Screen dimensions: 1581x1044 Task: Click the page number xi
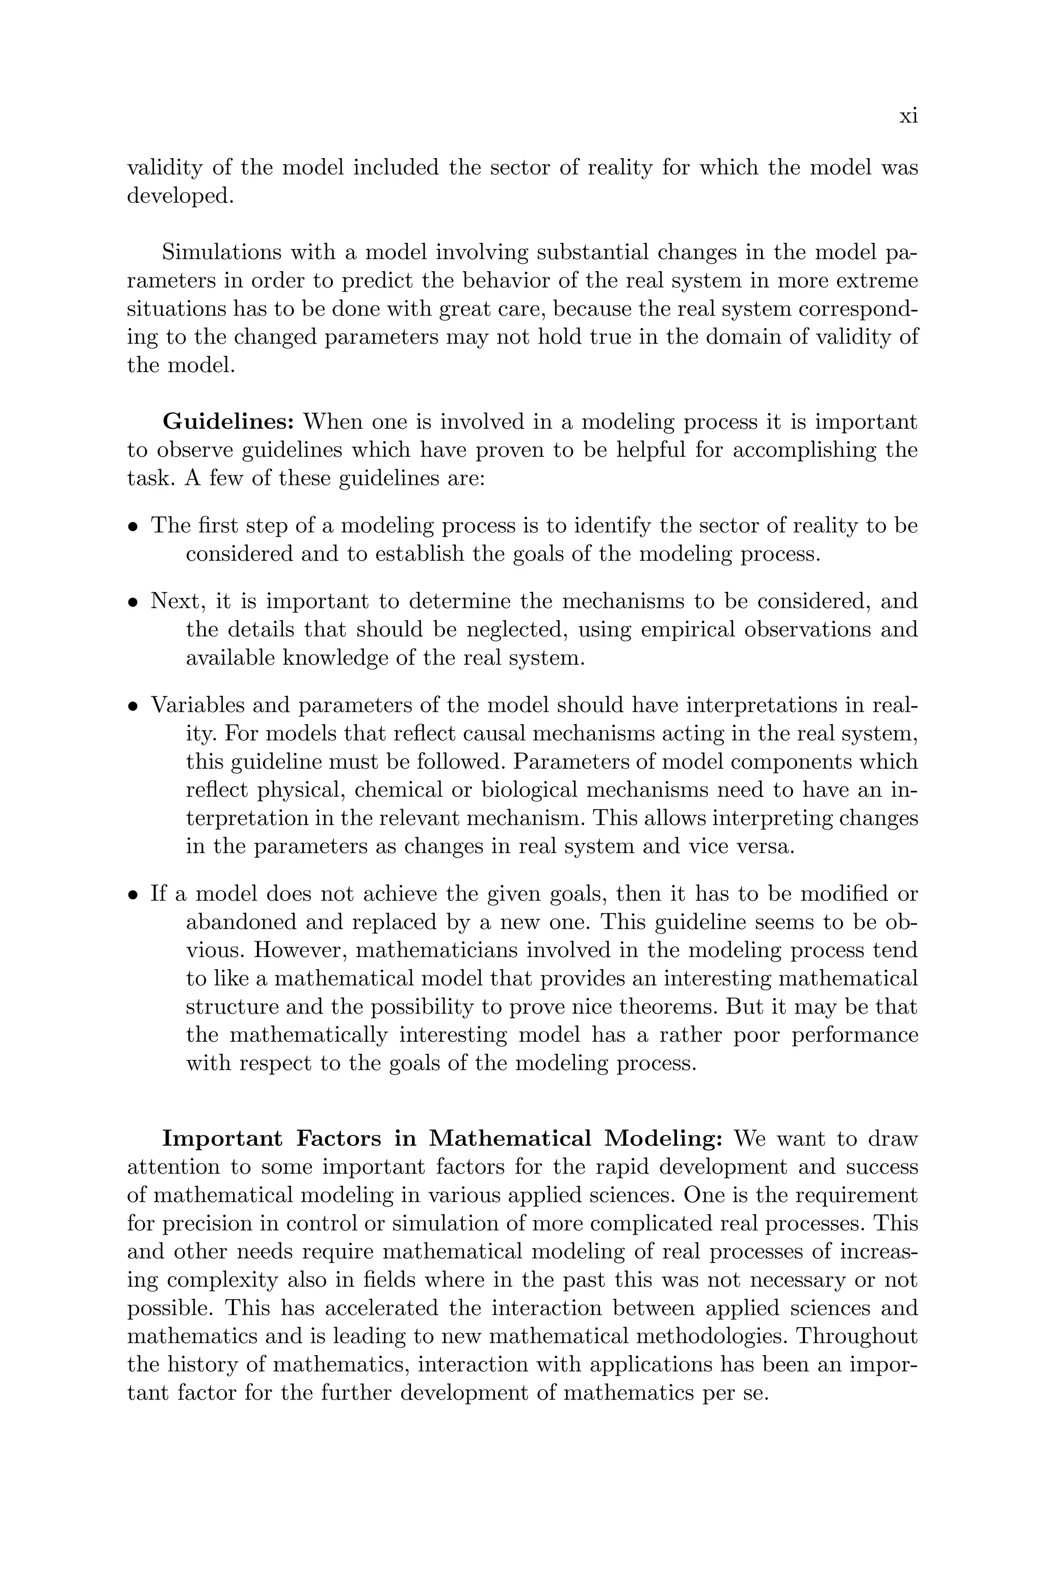point(908,117)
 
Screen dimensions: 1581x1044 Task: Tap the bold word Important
point(223,1139)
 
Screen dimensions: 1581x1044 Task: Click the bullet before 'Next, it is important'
point(133,603)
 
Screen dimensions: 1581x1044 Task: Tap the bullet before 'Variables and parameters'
point(133,706)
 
